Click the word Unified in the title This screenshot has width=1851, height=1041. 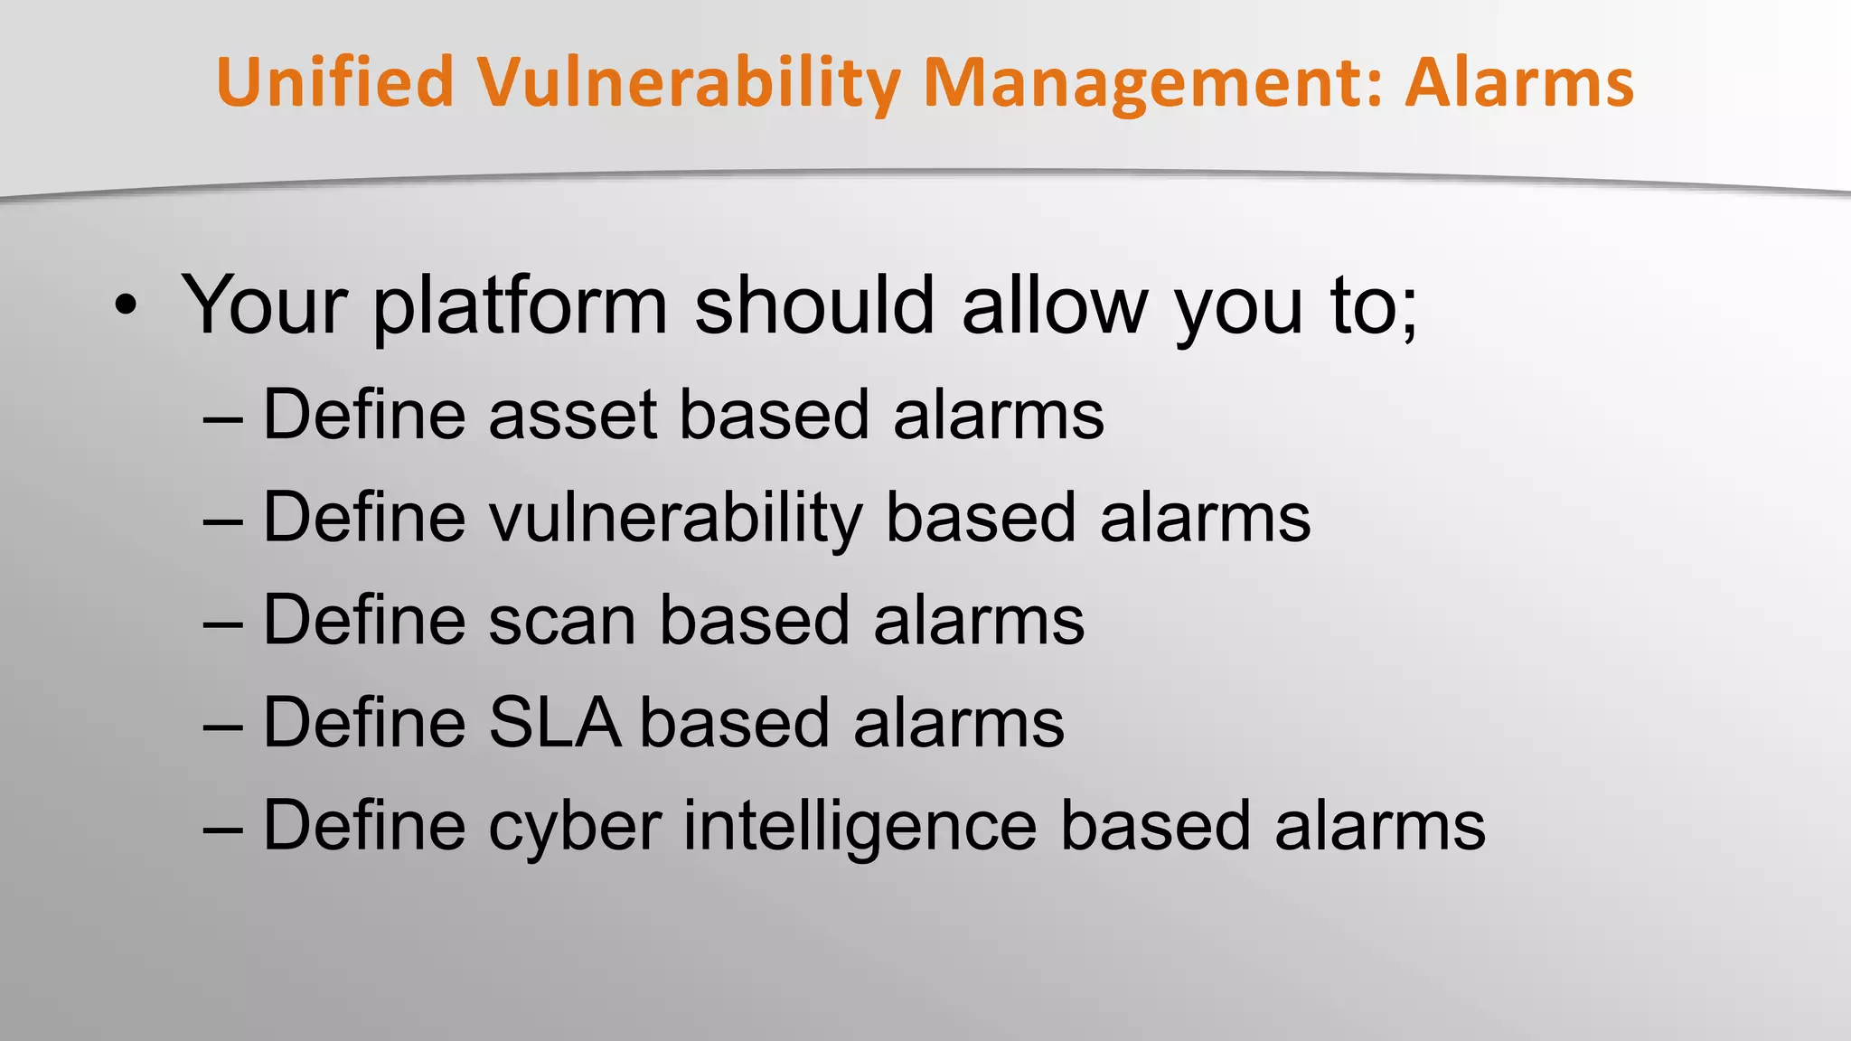pyautogui.click(x=334, y=82)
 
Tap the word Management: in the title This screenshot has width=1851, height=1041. pyautogui.click(x=1153, y=82)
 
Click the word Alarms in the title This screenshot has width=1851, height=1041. pyautogui.click(x=1519, y=82)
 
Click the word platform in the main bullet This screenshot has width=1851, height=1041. pyautogui.click(x=520, y=307)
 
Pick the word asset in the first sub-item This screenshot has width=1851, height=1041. pyautogui.click(x=572, y=416)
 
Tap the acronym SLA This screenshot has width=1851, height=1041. pyautogui.click(x=554, y=724)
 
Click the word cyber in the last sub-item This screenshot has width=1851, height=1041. pyautogui.click(x=575, y=828)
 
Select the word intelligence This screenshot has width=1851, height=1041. pyautogui.click(x=860, y=828)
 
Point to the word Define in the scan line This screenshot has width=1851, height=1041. pyautogui.click(x=363, y=621)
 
